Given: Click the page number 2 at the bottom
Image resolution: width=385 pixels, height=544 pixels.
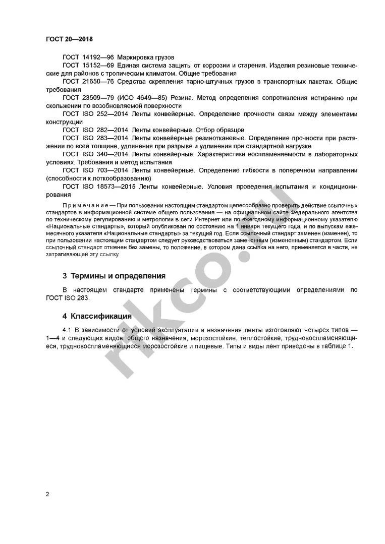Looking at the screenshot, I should click(47, 494).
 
